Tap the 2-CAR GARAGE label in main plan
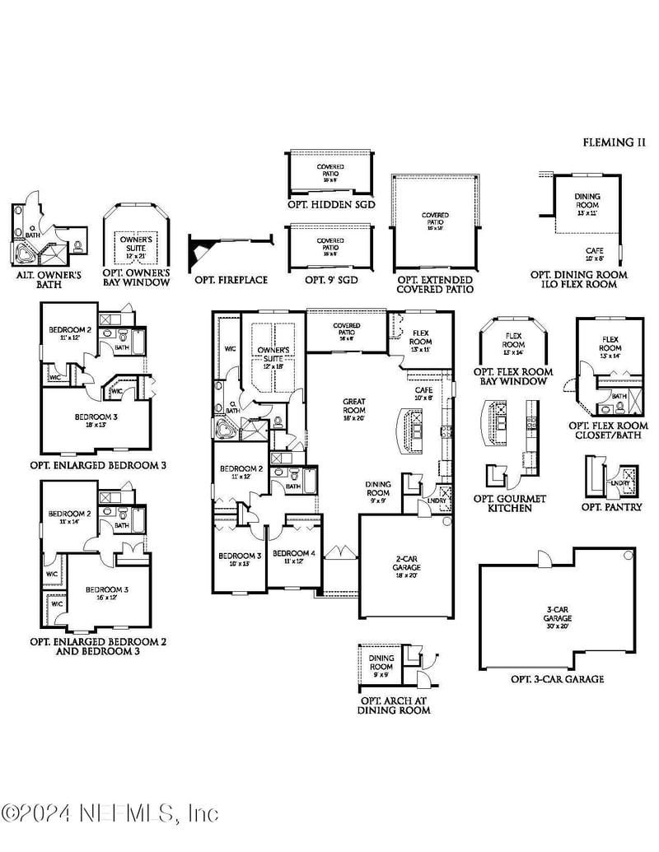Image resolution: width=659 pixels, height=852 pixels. [405, 563]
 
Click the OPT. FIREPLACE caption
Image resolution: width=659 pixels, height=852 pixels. [231, 280]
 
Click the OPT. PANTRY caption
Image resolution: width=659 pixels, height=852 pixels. [611, 507]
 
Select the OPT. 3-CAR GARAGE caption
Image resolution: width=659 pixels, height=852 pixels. [557, 679]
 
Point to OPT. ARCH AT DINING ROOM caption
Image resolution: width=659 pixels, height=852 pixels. [393, 705]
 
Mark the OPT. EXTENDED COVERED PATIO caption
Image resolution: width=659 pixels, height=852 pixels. [435, 284]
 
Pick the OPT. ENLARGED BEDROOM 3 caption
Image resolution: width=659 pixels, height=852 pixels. [98, 465]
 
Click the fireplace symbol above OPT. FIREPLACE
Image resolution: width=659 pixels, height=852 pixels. [203, 249]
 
